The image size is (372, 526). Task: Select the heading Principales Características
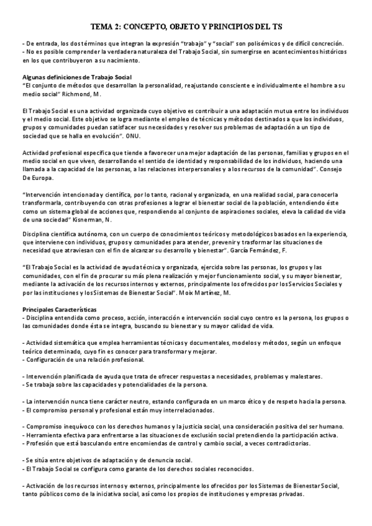62,310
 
